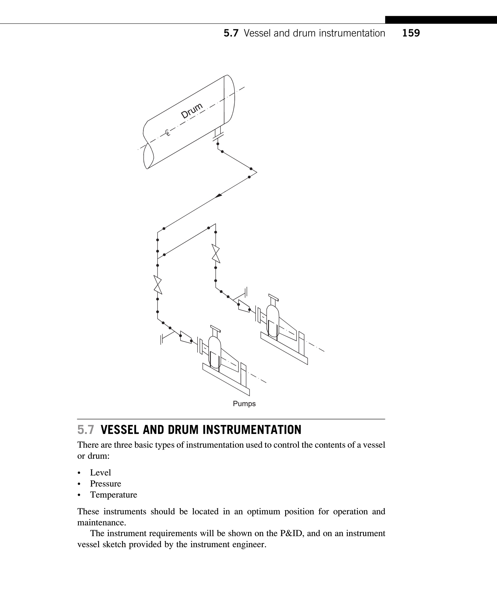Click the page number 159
(411, 33)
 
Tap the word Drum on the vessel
(192, 110)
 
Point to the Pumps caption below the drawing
(244, 404)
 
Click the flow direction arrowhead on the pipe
(219, 195)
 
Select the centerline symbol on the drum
(168, 132)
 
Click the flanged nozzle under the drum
(218, 135)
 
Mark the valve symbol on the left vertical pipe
(158, 285)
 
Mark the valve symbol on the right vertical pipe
(216, 253)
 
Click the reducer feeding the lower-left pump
(186, 337)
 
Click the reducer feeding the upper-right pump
(244, 306)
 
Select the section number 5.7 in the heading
(86, 430)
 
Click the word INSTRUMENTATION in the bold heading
(252, 430)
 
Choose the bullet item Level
(100, 472)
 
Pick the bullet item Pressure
(105, 484)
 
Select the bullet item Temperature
(113, 495)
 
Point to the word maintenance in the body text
(101, 523)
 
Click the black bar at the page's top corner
(441, 20)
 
